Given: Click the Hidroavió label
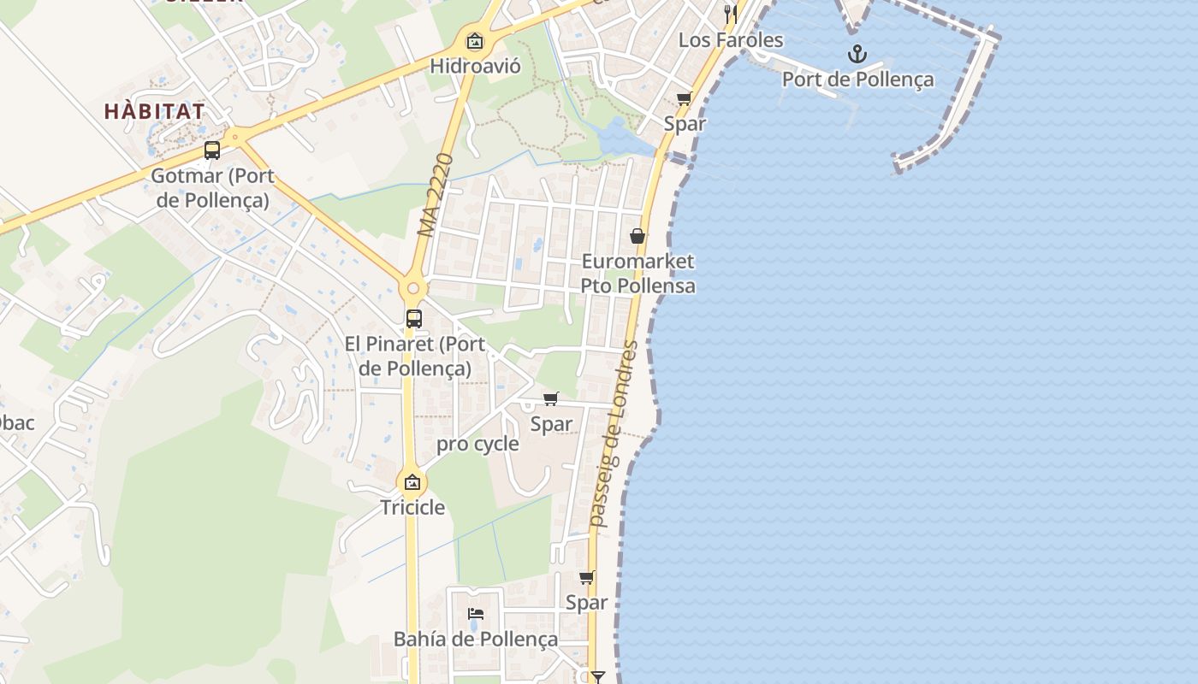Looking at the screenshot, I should (x=475, y=66).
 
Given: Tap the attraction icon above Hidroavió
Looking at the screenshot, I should (x=474, y=40).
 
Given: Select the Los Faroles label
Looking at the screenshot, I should (x=730, y=40).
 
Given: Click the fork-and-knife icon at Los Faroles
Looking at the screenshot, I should (x=730, y=14).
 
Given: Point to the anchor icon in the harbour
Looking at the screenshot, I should (x=857, y=55).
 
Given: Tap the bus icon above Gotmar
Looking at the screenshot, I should (x=211, y=150).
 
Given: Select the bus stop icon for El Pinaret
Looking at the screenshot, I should (x=413, y=319).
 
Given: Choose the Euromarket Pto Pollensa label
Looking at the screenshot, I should (x=638, y=273).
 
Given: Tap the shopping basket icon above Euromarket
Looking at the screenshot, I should (x=638, y=236).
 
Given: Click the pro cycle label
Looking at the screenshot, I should (x=477, y=444).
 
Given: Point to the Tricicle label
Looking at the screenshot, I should (x=412, y=507).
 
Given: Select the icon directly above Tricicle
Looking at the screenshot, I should (x=412, y=482).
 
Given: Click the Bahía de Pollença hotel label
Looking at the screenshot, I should (x=475, y=639).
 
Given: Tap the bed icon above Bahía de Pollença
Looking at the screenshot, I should (x=476, y=613).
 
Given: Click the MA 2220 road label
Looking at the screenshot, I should (x=436, y=195).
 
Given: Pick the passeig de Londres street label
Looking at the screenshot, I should (x=614, y=433).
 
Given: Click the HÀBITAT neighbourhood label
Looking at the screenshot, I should (x=155, y=111).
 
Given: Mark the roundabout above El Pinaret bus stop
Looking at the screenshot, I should (x=413, y=288).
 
